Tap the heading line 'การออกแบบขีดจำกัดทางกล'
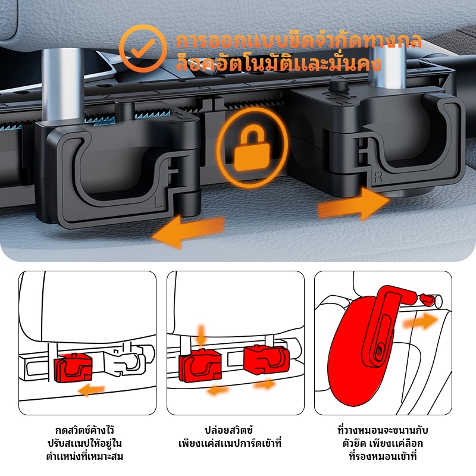[299, 41]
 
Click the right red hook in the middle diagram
[265, 362]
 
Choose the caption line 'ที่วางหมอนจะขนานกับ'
[383, 430]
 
